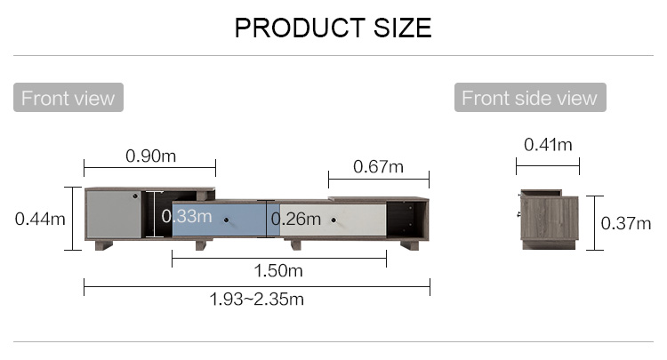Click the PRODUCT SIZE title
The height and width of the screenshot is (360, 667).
pyautogui.click(x=333, y=28)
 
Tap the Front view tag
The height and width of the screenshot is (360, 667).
pyautogui.click(x=68, y=97)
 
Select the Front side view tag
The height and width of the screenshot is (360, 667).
pyautogui.click(x=530, y=97)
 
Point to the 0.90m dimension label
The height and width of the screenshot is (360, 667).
pyautogui.click(x=150, y=156)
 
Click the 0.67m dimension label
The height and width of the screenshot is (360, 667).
pyautogui.click(x=378, y=166)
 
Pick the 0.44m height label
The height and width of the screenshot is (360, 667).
pyautogui.click(x=40, y=220)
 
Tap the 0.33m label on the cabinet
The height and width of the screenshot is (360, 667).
pyautogui.click(x=187, y=216)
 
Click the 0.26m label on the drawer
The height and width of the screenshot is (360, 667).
pyautogui.click(x=295, y=219)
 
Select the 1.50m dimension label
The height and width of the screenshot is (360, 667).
pyautogui.click(x=278, y=271)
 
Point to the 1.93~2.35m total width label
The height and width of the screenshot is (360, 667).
pyautogui.click(x=256, y=300)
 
